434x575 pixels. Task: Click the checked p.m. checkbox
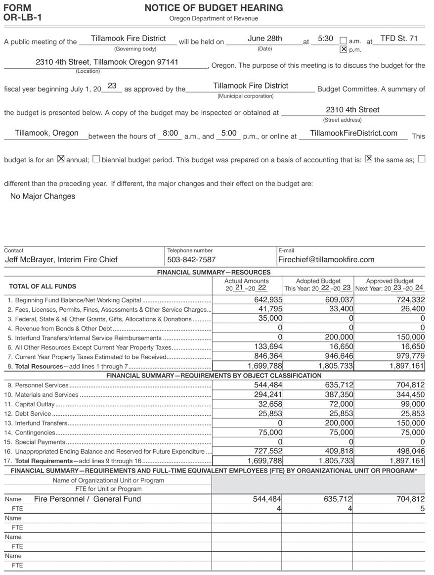[x=343, y=49]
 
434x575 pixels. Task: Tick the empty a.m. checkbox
[x=343, y=41]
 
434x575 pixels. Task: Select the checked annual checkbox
[x=61, y=159]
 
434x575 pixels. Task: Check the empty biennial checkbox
[x=96, y=159]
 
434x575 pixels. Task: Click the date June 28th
[x=265, y=39]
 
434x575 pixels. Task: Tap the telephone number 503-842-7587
[x=191, y=259]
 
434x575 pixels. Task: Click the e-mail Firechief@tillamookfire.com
[x=326, y=259]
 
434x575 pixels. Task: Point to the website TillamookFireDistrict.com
[x=353, y=133]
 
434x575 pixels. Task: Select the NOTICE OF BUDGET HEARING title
[x=214, y=8]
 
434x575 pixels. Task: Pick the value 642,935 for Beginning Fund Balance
[x=268, y=300]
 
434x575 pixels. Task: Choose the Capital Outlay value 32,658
[x=270, y=404]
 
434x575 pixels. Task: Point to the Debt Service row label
[x=33, y=413]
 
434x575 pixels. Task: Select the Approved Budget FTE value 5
[x=422, y=508]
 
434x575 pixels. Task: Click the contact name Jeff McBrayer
[x=61, y=259]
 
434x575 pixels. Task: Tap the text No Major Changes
[x=43, y=196]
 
